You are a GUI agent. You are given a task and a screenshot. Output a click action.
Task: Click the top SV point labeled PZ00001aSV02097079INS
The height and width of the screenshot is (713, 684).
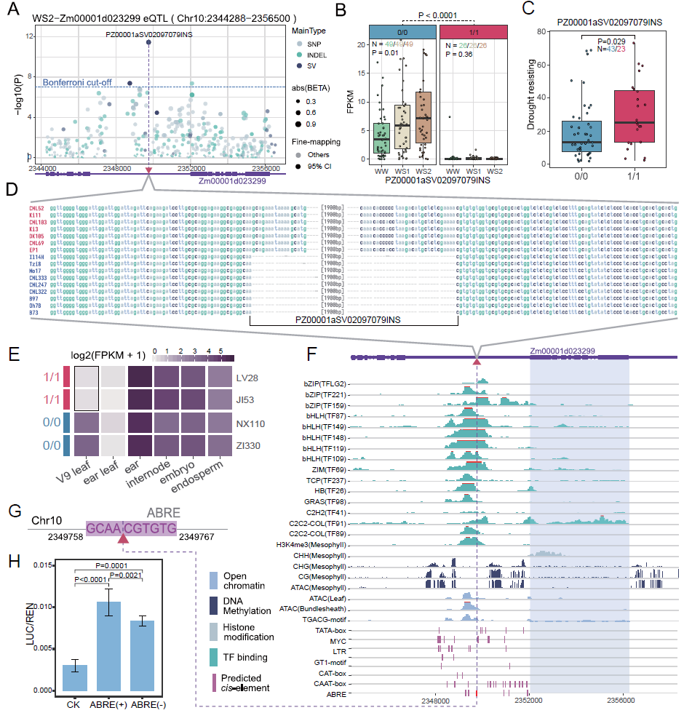pyautogui.click(x=148, y=43)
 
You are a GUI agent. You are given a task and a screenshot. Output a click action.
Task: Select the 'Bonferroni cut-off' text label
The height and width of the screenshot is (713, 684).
pyautogui.click(x=77, y=82)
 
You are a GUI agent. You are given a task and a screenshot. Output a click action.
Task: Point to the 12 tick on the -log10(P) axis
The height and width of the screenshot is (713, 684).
pyautogui.click(x=29, y=36)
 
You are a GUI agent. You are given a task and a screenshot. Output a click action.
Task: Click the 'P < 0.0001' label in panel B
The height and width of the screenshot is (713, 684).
pyautogui.click(x=438, y=14)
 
